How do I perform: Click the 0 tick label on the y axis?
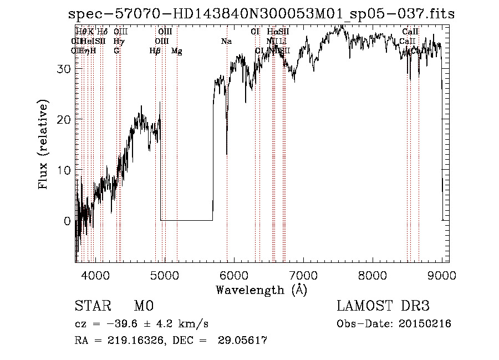[67, 221]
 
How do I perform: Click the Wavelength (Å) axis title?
[261, 290]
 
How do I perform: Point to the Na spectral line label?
[226, 42]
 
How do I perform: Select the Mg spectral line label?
[177, 51]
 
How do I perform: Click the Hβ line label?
[155, 51]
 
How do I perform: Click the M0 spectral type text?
[144, 307]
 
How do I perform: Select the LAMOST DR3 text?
[383, 307]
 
